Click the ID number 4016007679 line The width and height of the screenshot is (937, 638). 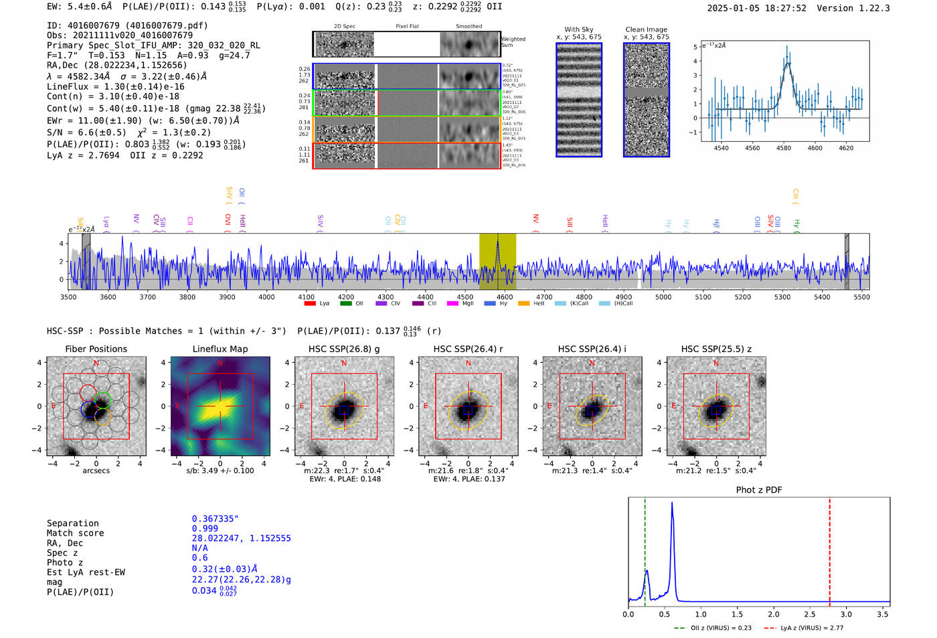(x=127, y=25)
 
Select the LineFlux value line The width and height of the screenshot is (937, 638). (x=115, y=86)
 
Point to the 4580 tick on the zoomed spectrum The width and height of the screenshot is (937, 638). (x=784, y=147)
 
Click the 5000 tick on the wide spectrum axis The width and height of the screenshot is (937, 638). (x=663, y=297)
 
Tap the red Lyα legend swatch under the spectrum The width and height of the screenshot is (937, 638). (x=310, y=303)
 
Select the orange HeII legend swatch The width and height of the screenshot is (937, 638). (x=523, y=303)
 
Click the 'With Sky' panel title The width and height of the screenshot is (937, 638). (x=578, y=29)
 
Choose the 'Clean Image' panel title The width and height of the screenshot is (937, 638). (x=646, y=29)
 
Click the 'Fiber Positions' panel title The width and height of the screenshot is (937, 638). (x=96, y=349)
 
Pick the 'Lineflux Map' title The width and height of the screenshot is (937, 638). (x=220, y=349)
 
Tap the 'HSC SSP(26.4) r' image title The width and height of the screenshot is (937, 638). (x=468, y=349)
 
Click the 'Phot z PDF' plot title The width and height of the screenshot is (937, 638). (x=759, y=489)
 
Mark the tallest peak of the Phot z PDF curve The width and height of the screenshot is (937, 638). (x=672, y=503)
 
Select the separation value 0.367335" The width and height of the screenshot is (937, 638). (x=215, y=519)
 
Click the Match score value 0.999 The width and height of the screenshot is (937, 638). (x=205, y=528)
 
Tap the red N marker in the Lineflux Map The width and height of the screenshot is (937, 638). (x=220, y=364)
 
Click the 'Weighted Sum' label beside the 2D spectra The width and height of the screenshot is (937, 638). (x=513, y=42)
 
